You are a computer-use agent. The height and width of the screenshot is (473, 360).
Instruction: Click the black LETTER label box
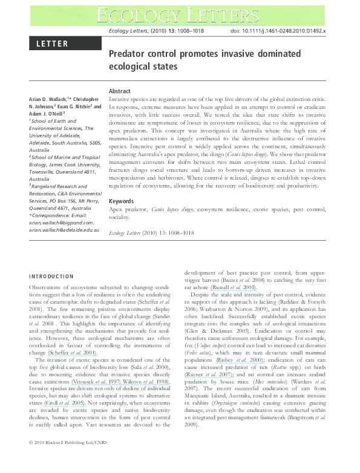pyautogui.click(x=59, y=44)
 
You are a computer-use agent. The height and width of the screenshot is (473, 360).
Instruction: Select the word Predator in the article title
pyautogui.click(x=128, y=53)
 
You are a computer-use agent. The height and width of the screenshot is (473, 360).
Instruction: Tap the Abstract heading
pyautogui.click(x=119, y=91)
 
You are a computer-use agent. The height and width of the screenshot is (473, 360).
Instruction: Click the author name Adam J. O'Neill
pyautogui.click(x=48, y=113)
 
